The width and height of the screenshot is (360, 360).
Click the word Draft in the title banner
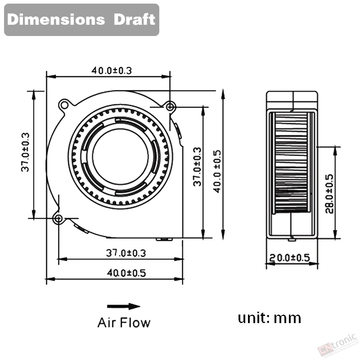(134, 19)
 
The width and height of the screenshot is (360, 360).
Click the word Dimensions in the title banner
(56, 19)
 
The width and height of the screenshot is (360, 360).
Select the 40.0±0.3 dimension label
(112, 71)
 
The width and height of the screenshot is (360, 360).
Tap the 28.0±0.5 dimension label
(329, 193)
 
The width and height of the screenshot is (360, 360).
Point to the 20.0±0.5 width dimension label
(289, 257)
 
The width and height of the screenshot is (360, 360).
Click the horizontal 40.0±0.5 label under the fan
(126, 273)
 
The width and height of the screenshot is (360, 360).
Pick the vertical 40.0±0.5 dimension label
(217, 171)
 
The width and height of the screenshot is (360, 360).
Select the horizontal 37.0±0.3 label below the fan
(126, 253)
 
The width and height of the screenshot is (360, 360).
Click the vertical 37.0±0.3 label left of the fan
(25, 152)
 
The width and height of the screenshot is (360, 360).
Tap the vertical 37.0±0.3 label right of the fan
(197, 166)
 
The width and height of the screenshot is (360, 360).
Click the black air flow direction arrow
(123, 306)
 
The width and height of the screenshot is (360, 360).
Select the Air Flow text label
(124, 323)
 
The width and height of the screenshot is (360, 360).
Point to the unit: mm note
(269, 318)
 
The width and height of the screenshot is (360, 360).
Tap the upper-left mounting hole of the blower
(64, 105)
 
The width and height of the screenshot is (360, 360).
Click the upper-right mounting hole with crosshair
(170, 107)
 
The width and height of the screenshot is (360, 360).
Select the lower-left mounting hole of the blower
(58, 218)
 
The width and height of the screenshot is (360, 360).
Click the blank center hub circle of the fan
(121, 156)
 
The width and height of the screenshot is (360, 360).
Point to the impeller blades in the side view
(291, 163)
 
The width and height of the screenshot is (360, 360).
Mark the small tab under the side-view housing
(292, 240)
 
